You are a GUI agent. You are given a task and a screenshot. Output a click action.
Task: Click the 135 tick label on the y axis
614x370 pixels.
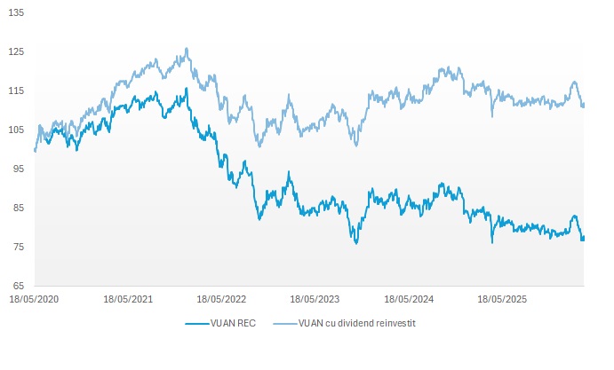17,13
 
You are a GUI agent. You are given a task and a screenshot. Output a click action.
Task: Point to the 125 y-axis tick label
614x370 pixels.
17,52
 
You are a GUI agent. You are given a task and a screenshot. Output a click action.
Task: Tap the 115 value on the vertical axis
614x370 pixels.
17,91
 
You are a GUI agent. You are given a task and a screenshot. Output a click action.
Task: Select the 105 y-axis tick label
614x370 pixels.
17,130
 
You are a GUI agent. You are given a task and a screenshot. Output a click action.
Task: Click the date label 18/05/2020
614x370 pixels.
35,301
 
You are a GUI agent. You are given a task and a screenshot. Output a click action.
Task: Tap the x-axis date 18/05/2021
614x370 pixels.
128,301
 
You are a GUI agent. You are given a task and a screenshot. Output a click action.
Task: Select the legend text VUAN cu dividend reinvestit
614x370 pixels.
357,324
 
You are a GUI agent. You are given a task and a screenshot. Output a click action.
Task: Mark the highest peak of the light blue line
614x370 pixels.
187,49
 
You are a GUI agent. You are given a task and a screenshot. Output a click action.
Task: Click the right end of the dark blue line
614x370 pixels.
583,238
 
